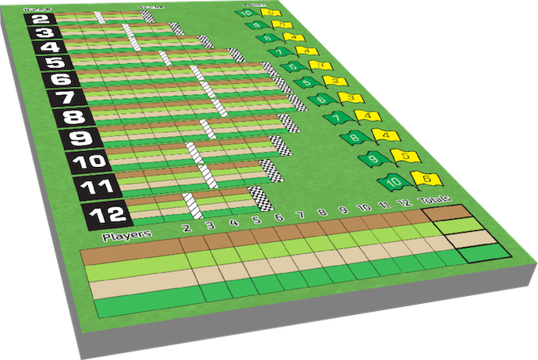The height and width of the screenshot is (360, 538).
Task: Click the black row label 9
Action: (x=70, y=140)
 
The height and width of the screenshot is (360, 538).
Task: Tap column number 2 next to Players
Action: (x=186, y=229)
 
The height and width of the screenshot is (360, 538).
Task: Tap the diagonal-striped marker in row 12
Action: (x=190, y=204)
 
